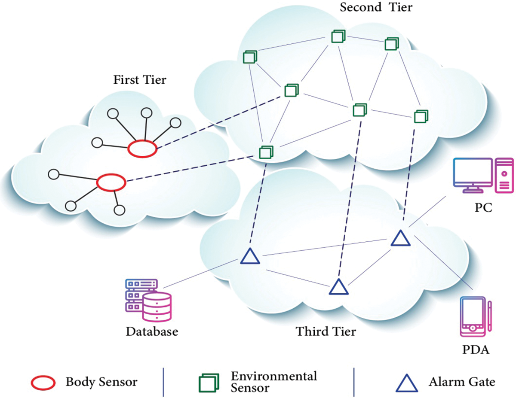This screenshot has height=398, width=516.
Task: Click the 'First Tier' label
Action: click(139, 80)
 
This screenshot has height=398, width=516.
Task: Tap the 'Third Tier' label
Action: click(326, 331)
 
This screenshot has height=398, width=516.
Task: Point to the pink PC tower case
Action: click(504, 175)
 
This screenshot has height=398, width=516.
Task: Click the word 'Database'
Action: click(151, 332)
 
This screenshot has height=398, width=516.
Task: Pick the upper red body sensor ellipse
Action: click(142, 149)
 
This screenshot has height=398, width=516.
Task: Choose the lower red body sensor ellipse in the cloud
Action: click(111, 182)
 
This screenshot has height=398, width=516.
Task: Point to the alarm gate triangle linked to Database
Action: click(250, 256)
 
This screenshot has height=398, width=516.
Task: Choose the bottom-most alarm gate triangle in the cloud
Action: click(338, 287)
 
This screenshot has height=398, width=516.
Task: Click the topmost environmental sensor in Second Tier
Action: click(338, 36)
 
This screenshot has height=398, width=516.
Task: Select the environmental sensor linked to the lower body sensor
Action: click(266, 152)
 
